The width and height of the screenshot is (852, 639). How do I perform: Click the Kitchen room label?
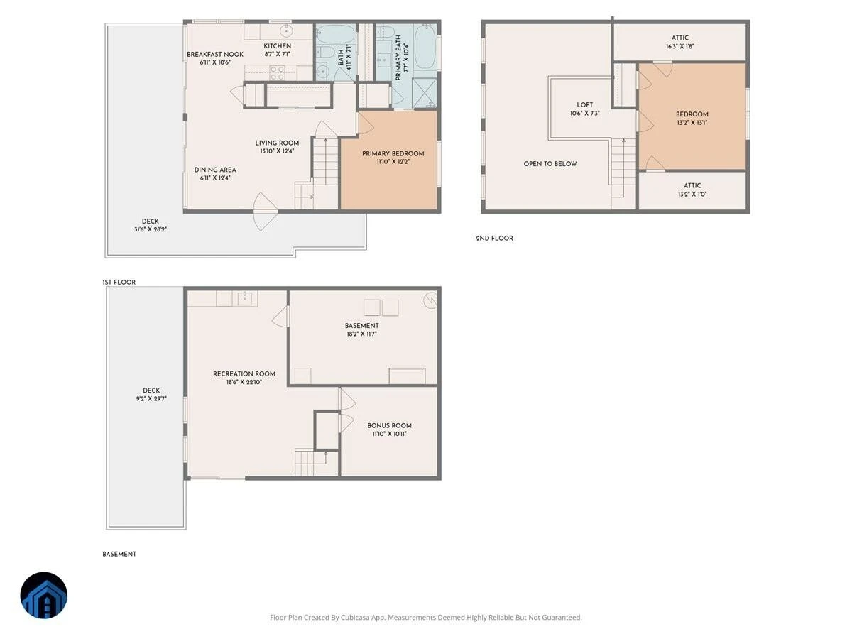[x=277, y=46]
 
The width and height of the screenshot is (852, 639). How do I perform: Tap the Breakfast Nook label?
[x=215, y=55]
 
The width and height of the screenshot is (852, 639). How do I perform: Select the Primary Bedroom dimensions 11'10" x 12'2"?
[x=393, y=162]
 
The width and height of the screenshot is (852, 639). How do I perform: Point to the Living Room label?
[x=277, y=143]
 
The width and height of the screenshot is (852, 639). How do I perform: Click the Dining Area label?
[x=215, y=170]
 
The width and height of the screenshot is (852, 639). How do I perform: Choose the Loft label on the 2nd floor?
[x=584, y=105]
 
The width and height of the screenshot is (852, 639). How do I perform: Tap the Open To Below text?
[x=550, y=164]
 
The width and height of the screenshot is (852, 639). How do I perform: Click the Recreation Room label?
[x=244, y=373]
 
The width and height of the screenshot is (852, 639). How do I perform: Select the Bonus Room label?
[x=389, y=425]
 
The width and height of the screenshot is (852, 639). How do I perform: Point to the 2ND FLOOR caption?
[x=494, y=239]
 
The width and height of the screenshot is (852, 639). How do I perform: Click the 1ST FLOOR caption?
[x=119, y=282]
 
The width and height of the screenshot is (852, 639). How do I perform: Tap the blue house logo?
[x=44, y=595]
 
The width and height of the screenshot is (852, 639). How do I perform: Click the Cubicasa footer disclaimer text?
[x=426, y=617]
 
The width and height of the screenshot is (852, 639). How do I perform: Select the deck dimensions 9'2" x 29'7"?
[x=151, y=398]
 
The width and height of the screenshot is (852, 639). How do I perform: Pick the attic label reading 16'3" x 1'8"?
[x=680, y=46]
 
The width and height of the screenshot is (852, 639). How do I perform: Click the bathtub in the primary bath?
[x=425, y=47]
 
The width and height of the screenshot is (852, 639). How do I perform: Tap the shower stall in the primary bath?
[x=424, y=93]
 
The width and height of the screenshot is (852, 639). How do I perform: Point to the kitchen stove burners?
[x=277, y=73]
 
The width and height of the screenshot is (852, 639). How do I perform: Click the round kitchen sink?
[x=286, y=31]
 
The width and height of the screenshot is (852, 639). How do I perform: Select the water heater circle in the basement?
[x=430, y=300]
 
